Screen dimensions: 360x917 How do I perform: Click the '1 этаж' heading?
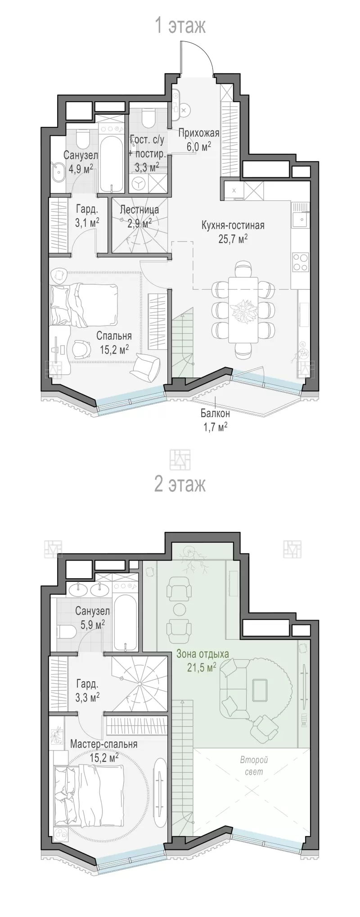coord(180,26)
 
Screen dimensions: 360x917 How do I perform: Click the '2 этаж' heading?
coord(180,484)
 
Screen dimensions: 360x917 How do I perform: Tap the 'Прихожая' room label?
coord(198,133)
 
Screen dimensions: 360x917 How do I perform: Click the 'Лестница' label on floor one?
coord(139,210)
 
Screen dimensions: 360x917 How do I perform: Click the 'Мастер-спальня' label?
coord(103,744)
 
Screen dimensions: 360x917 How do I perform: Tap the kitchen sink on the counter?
coord(300,221)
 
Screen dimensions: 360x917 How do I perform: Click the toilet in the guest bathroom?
coord(148,119)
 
